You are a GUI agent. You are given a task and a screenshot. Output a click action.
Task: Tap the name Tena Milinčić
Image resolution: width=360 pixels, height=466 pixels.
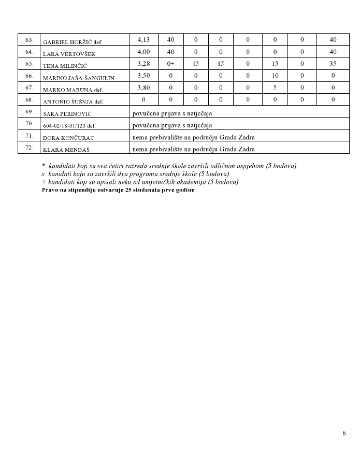tap(65, 65)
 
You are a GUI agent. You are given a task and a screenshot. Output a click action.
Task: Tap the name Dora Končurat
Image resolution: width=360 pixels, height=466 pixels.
tap(68, 138)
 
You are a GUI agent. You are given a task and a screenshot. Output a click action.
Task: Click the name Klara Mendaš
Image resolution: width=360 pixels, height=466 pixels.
tap(65, 150)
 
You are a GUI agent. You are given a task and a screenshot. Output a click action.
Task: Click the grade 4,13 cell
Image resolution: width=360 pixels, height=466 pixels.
tap(143, 40)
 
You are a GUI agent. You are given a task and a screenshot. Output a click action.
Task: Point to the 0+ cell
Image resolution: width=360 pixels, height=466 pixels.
tap(170, 64)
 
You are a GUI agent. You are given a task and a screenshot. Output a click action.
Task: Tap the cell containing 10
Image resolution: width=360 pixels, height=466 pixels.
tap(275, 76)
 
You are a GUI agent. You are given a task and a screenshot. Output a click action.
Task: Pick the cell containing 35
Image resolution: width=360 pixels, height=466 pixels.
tap(333, 64)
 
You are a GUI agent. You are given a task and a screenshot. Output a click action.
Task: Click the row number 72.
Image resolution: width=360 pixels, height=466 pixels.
tap(29, 148)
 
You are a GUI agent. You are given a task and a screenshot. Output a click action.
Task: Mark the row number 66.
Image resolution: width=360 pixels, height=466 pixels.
tap(29, 76)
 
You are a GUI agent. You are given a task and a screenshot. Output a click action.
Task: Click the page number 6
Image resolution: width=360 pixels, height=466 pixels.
tap(344, 433)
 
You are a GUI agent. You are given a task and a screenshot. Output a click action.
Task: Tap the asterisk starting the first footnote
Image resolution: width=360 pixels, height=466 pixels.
tap(44, 166)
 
